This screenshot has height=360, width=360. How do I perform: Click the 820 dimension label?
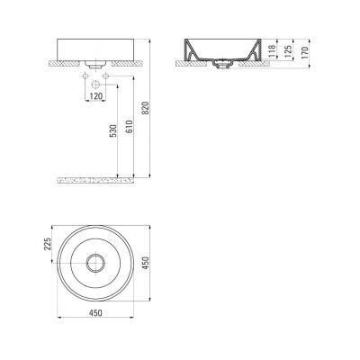145,108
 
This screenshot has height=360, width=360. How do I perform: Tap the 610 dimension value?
130,127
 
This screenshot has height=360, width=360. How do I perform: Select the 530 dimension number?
113,130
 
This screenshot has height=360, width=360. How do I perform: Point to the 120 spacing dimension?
96,96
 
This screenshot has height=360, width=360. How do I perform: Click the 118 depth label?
272,50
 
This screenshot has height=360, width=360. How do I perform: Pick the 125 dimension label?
288,51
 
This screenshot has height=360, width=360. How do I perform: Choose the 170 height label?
305,53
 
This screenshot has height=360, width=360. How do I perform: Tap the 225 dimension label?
48,244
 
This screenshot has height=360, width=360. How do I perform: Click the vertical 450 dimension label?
145,263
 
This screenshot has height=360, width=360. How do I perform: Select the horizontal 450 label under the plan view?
95,313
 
